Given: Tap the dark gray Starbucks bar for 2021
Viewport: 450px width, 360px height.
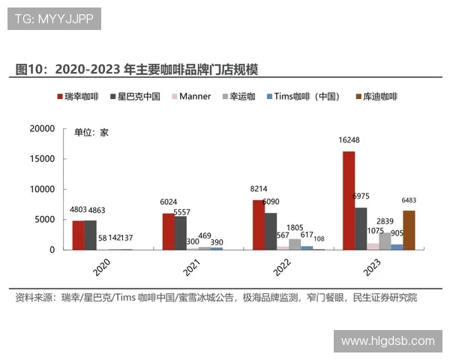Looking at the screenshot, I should [x=181, y=232].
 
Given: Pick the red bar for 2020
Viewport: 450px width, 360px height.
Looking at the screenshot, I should [x=79, y=235].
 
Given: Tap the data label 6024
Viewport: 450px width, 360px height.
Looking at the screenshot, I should [x=169, y=203].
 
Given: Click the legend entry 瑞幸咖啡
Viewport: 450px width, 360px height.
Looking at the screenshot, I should [x=79, y=97].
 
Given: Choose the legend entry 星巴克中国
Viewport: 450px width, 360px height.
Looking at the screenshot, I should [x=134, y=97].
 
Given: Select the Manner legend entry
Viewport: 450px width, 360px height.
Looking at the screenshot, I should [x=191, y=97].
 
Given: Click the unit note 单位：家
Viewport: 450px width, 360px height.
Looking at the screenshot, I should [x=91, y=133].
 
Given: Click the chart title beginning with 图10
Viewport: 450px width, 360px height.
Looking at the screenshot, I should [x=136, y=69].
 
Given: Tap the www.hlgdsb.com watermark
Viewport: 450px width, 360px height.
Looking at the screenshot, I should [x=387, y=340].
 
